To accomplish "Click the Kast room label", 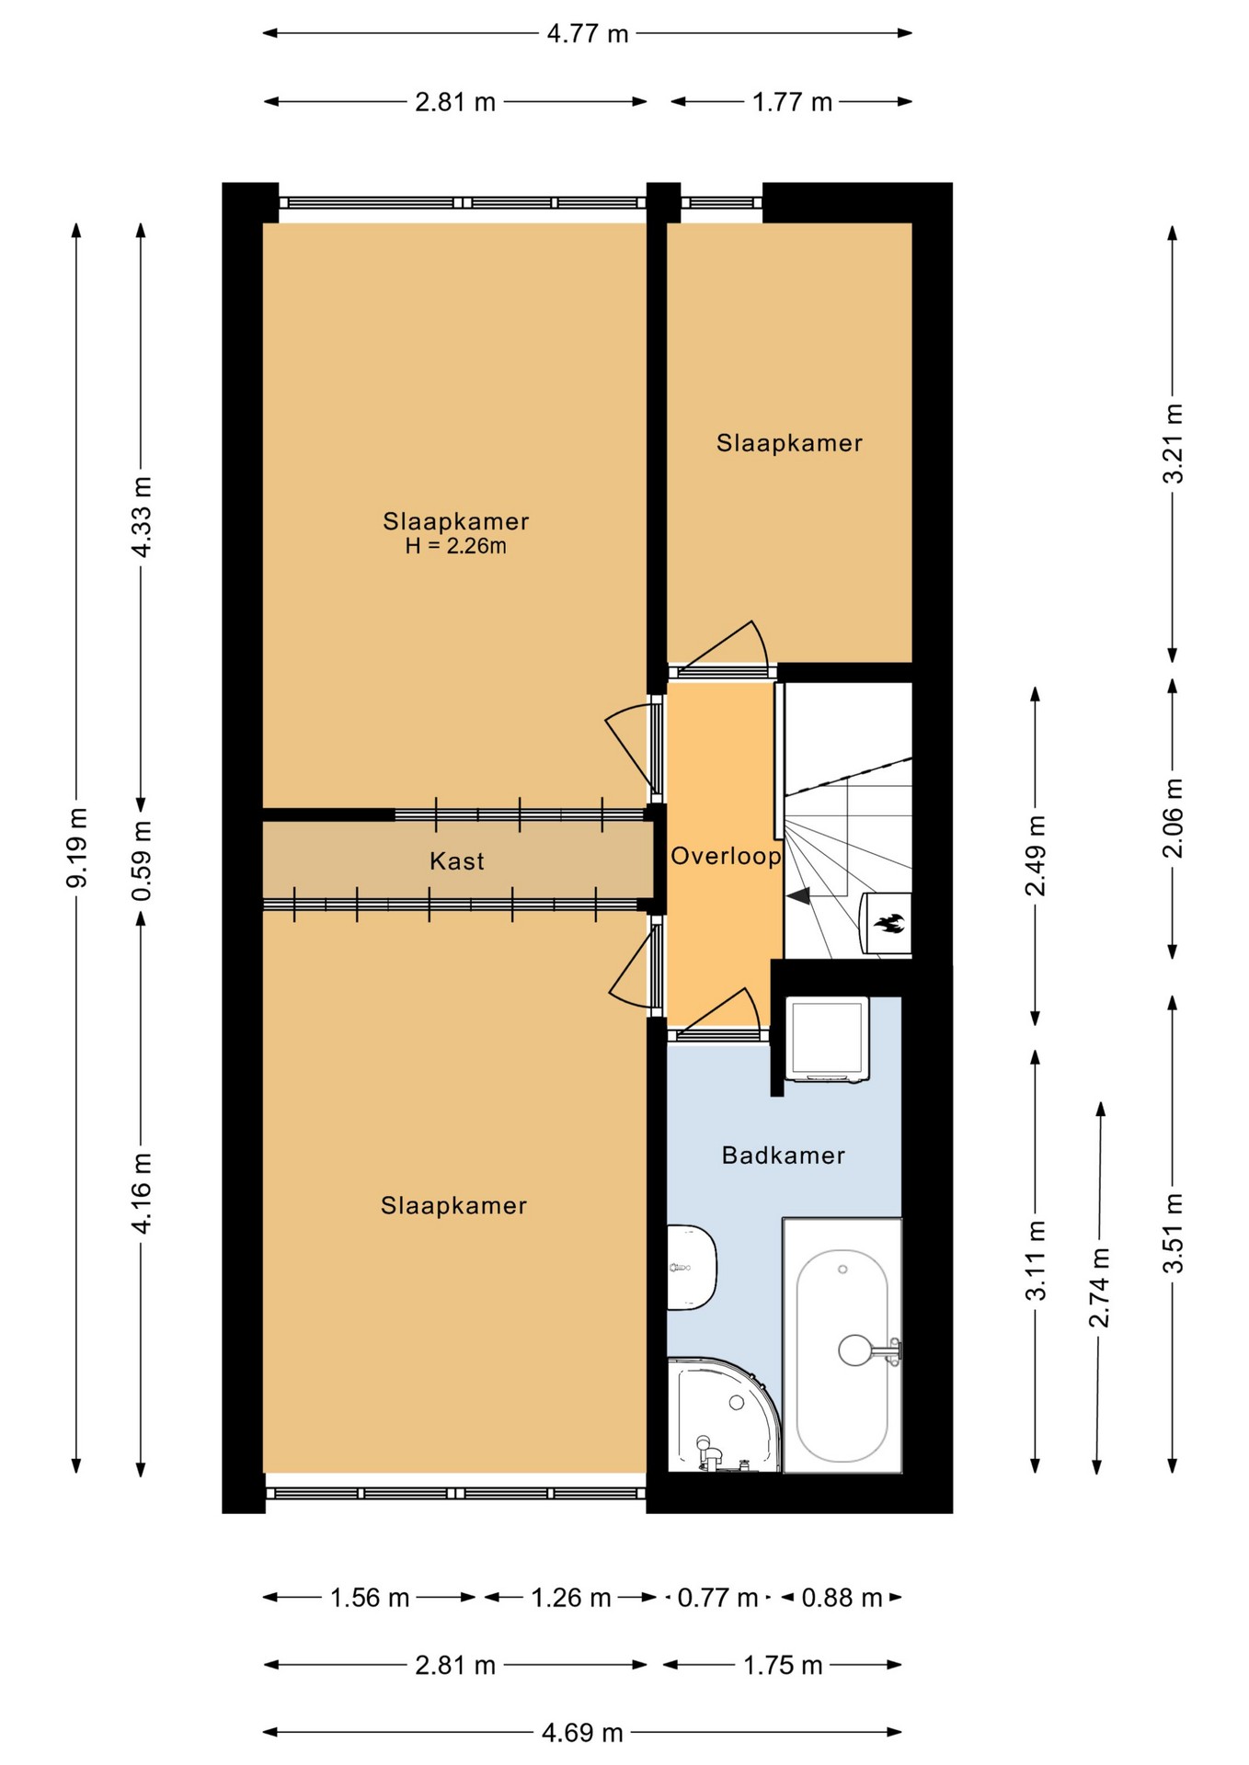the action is [456, 861].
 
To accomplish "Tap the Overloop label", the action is [726, 857].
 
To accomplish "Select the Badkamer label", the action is [783, 1156].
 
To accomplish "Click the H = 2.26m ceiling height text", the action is [456, 546].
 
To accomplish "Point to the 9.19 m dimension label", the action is [78, 848].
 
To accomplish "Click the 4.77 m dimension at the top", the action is [588, 34].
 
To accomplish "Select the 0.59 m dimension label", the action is [142, 861].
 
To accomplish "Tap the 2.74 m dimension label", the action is [1099, 1287].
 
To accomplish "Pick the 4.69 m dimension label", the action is [582, 1733].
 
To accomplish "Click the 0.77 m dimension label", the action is [717, 1598].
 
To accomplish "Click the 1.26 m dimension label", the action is [571, 1598].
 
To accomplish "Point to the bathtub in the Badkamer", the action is [842, 1345].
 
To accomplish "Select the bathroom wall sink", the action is [691, 1268].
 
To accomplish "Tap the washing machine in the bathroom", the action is [827, 1040].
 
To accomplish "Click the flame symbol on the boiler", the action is [889, 922].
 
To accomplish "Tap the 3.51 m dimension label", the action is [1173, 1234].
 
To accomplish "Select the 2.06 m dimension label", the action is [1173, 818].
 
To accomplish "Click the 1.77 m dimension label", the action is [792, 102].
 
